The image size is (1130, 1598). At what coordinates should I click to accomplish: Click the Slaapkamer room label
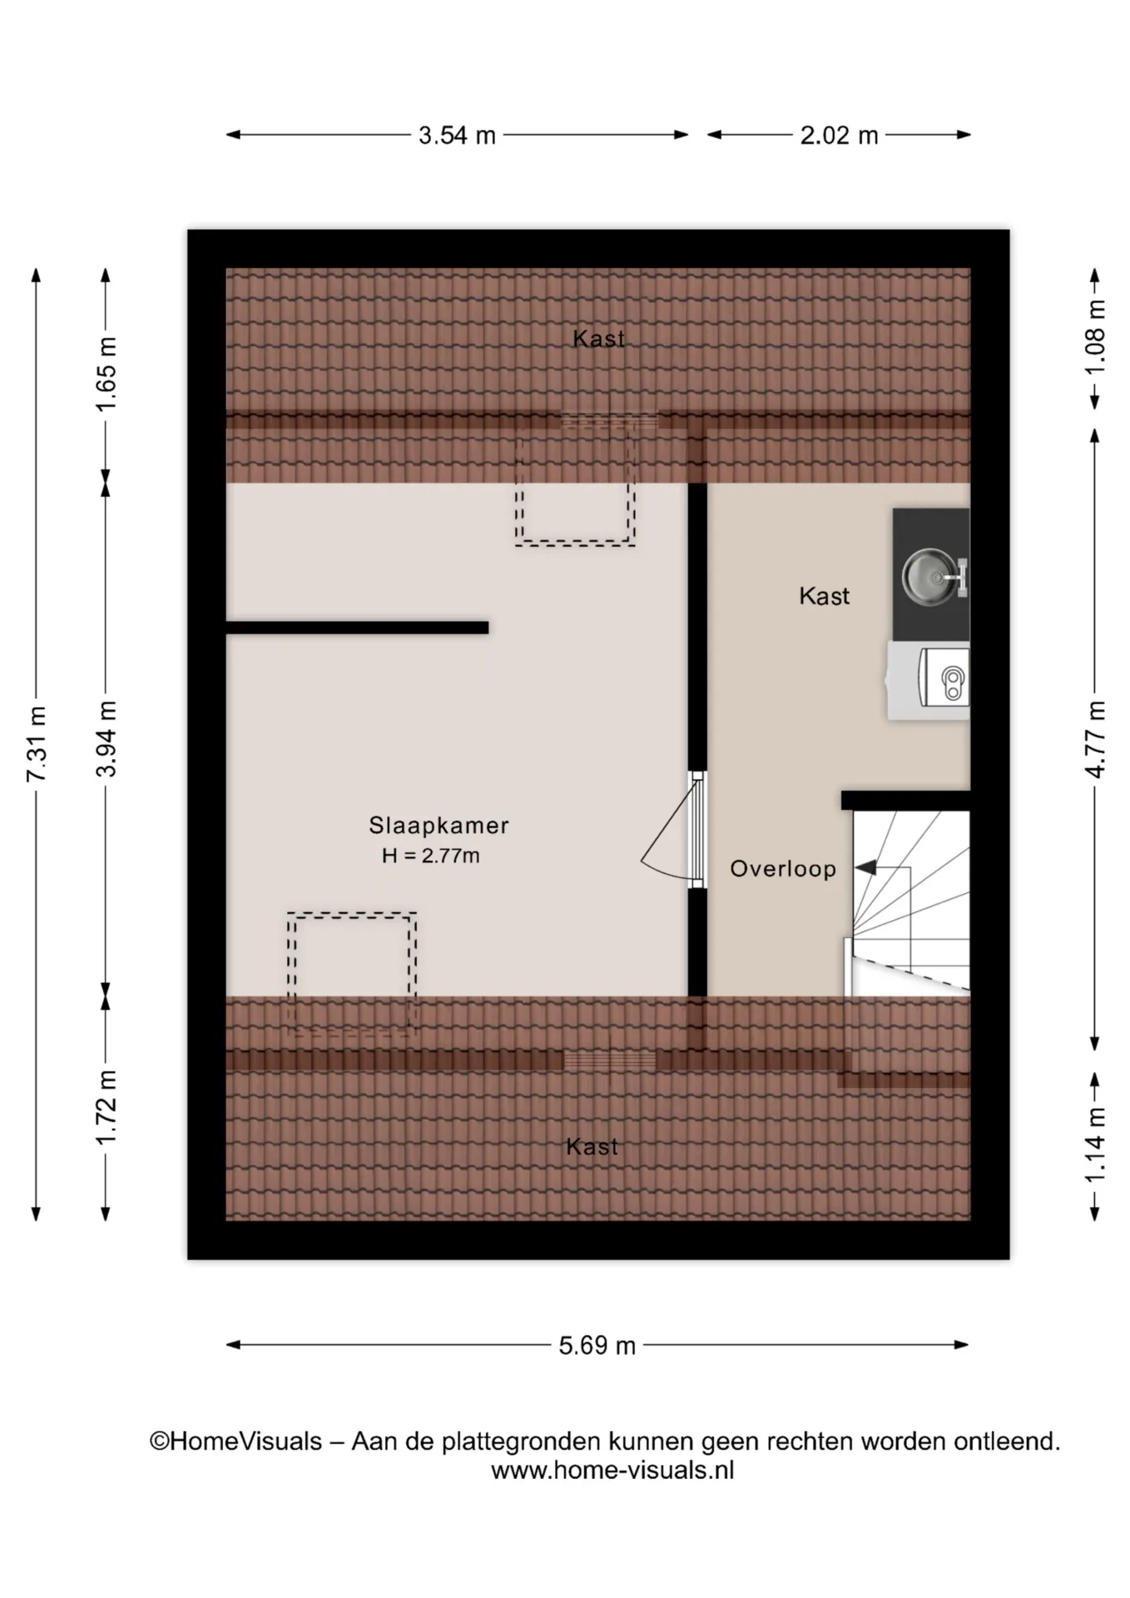click(439, 826)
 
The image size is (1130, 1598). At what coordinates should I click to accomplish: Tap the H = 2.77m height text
click(431, 856)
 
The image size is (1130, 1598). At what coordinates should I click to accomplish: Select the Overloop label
click(783, 869)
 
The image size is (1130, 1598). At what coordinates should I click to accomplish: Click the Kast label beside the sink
click(825, 596)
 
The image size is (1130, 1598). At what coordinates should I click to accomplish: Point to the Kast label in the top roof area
click(598, 339)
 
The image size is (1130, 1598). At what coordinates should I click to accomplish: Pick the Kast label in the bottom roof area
click(592, 1147)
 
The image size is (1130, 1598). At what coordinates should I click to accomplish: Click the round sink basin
click(930, 575)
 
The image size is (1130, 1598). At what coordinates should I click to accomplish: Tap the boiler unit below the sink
click(929, 680)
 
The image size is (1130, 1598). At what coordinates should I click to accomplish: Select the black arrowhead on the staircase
click(865, 868)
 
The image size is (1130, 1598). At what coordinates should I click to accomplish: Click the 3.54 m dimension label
click(457, 135)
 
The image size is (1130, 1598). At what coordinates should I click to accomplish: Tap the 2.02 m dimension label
click(839, 135)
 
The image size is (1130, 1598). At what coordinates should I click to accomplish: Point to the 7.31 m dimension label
click(36, 743)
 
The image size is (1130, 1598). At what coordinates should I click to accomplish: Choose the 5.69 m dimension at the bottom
click(597, 1346)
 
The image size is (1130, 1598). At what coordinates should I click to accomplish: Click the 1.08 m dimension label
click(1096, 338)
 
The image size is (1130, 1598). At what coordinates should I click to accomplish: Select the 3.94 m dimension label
click(106, 738)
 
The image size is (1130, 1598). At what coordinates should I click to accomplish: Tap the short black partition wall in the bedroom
click(357, 628)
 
